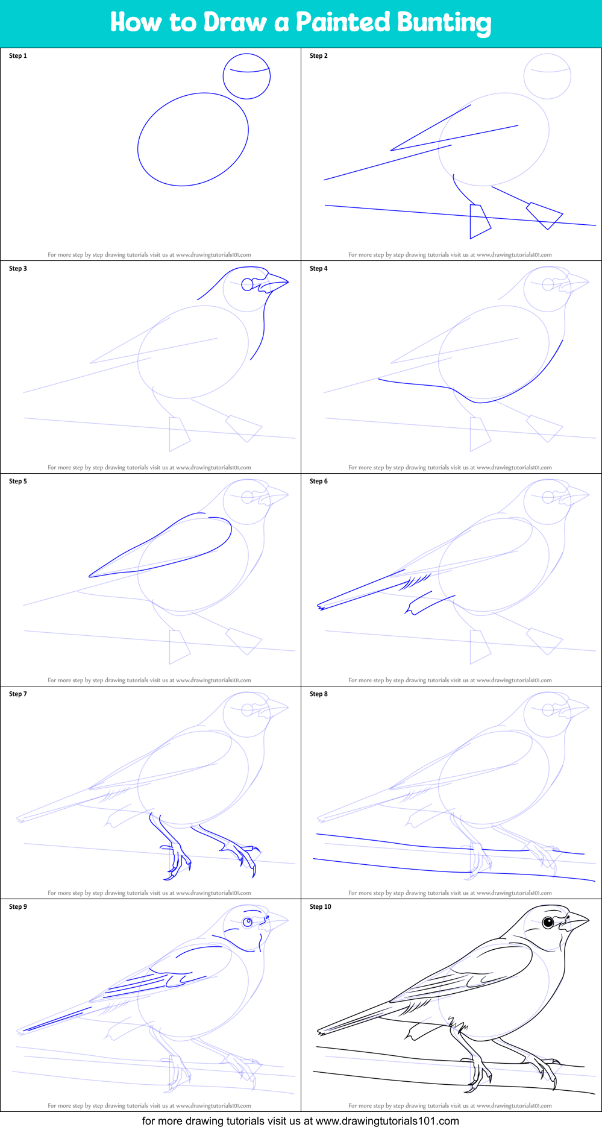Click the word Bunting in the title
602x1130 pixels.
tap(444, 22)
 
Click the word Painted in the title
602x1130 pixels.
tap(343, 22)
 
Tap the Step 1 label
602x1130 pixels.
tap(18, 56)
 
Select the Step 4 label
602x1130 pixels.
tap(319, 269)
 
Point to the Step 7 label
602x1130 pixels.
tap(18, 694)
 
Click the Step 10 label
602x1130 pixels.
tap(321, 907)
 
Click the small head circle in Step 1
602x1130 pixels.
tap(246, 76)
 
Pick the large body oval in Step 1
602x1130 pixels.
tap(193, 139)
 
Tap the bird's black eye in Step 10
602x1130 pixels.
tap(548, 922)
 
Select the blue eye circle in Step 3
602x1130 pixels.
tap(248, 284)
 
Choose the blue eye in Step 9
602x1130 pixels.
tap(247, 922)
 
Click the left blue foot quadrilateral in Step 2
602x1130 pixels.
tap(479, 221)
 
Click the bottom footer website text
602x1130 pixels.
tap(300, 1121)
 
